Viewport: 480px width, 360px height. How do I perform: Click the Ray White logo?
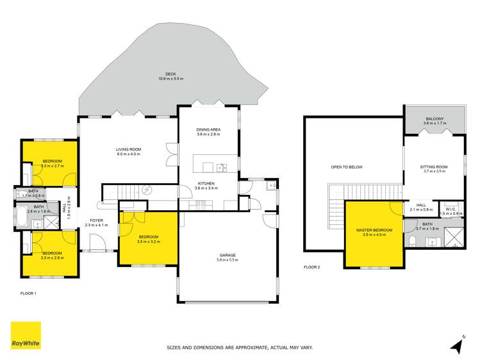point(24,336)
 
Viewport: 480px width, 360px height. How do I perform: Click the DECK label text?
point(171,74)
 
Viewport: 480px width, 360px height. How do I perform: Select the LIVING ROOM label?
point(128,149)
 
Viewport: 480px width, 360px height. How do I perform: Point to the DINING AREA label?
point(208,130)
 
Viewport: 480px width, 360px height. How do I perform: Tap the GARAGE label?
point(228,255)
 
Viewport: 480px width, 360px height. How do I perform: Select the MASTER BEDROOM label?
point(374,230)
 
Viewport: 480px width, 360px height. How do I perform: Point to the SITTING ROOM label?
point(434,167)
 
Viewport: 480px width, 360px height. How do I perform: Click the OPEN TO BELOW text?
point(347,167)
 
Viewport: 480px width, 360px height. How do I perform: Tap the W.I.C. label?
point(451,208)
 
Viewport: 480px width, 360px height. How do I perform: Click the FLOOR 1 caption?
point(28,292)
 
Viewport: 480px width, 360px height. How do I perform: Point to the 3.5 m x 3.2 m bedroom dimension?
point(148,241)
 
